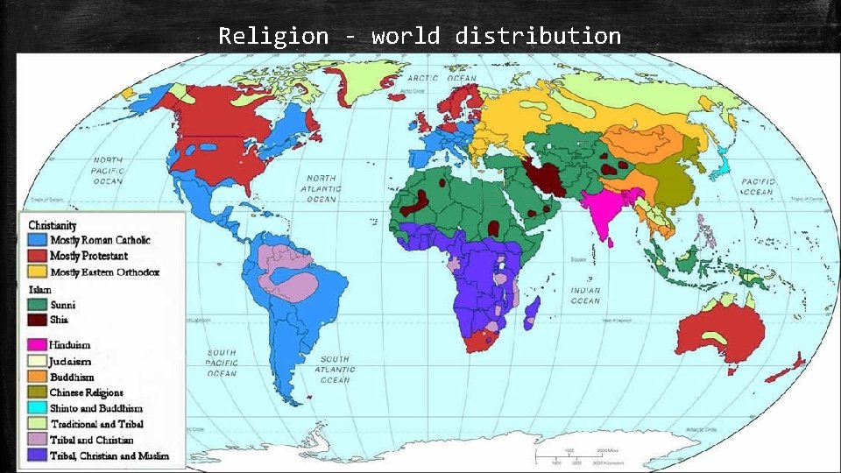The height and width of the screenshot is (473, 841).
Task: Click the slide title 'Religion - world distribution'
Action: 420,36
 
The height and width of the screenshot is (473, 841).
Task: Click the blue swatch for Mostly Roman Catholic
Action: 37,240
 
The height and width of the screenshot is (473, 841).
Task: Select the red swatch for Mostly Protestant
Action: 37,256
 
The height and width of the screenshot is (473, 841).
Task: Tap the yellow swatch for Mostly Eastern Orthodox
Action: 37,272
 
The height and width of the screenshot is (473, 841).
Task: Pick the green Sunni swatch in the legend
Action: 37,304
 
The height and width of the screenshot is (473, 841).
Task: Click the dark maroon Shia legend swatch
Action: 37,320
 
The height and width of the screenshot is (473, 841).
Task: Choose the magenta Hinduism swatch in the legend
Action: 37,344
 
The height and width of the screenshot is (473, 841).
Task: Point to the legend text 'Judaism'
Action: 70,360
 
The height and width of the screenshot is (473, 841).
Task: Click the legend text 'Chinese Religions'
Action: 86,392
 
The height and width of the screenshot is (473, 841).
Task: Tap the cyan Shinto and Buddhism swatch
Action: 37,408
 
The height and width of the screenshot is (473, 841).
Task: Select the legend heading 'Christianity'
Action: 53,225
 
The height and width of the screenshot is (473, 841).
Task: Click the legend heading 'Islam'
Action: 39,289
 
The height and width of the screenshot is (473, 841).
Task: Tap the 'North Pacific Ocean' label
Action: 109,171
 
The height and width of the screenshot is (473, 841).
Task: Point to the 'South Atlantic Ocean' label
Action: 334,369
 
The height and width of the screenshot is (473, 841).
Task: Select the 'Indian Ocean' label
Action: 586,295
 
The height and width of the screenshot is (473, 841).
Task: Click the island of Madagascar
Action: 531,311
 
